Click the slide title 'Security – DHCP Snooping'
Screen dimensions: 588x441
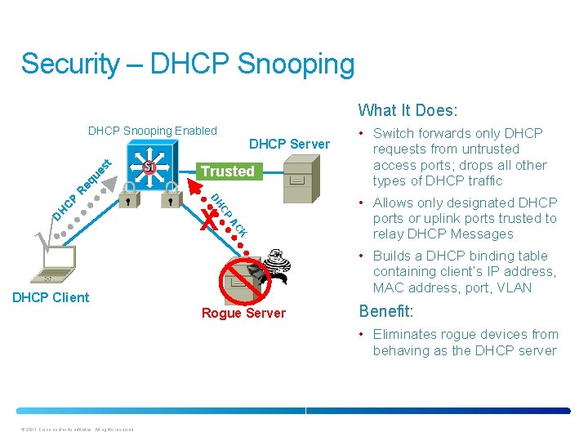tap(188, 64)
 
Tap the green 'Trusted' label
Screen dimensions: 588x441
tap(227, 171)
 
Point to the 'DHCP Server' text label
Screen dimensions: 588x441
tap(289, 145)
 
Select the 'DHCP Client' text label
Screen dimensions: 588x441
tap(51, 297)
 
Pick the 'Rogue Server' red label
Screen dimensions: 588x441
tap(243, 314)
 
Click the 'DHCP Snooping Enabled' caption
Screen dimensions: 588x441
tap(152, 131)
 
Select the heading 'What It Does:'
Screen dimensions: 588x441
tap(408, 110)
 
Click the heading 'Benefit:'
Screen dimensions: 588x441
tap(386, 311)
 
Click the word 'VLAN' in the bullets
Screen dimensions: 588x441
tap(514, 287)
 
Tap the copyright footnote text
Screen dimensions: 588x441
tap(73, 430)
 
